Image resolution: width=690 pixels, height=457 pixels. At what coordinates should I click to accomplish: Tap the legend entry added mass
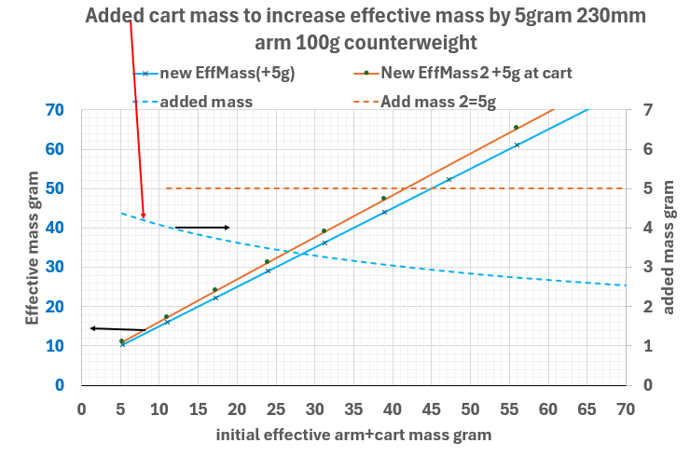click(x=206, y=101)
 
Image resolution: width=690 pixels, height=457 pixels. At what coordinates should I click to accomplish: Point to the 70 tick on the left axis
click(x=54, y=110)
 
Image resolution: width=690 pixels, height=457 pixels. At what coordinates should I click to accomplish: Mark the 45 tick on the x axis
click(x=431, y=408)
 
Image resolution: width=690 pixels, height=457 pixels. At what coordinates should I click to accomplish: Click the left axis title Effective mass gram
click(x=32, y=246)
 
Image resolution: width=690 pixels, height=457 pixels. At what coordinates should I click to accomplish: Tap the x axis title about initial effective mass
click(x=353, y=435)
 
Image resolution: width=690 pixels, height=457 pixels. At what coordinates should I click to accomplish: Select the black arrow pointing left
click(x=117, y=328)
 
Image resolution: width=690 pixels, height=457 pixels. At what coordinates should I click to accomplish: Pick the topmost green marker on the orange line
click(x=516, y=128)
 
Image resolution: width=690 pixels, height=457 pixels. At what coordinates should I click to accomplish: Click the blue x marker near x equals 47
click(x=448, y=180)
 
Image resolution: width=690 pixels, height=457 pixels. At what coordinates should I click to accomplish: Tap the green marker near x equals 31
click(x=324, y=231)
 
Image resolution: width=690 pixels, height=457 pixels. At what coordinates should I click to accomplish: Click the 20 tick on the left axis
click(x=54, y=306)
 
